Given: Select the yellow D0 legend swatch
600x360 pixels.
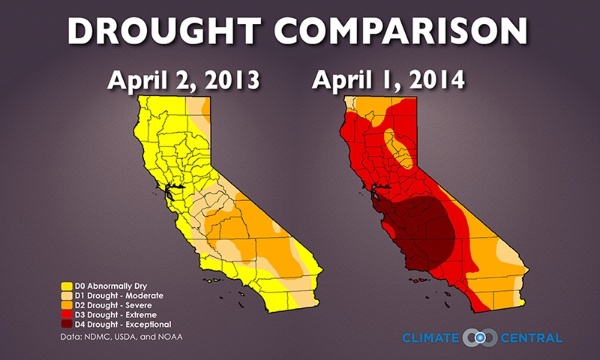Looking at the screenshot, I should pyautogui.click(x=66, y=286).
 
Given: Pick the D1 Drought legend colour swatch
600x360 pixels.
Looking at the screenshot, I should pyautogui.click(x=66, y=295).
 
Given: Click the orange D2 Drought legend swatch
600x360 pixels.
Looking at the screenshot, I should pyautogui.click(x=66, y=305).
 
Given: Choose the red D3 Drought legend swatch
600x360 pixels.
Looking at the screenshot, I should pyautogui.click(x=66, y=315).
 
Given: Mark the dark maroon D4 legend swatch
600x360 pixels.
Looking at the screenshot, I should pyautogui.click(x=66, y=325).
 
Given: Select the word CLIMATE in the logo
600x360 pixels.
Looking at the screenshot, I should pyautogui.click(x=431, y=337).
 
